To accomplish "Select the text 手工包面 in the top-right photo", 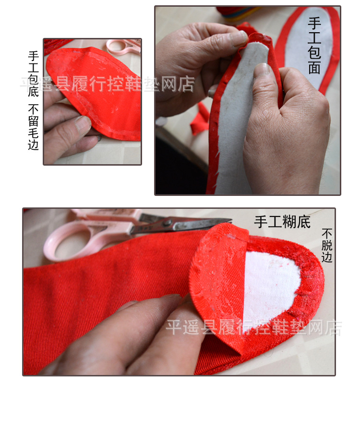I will (x=314, y=46).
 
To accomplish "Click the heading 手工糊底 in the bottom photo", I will (x=282, y=222).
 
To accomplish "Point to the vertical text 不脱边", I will (x=327, y=245).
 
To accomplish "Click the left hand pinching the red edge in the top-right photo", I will (x=202, y=62).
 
